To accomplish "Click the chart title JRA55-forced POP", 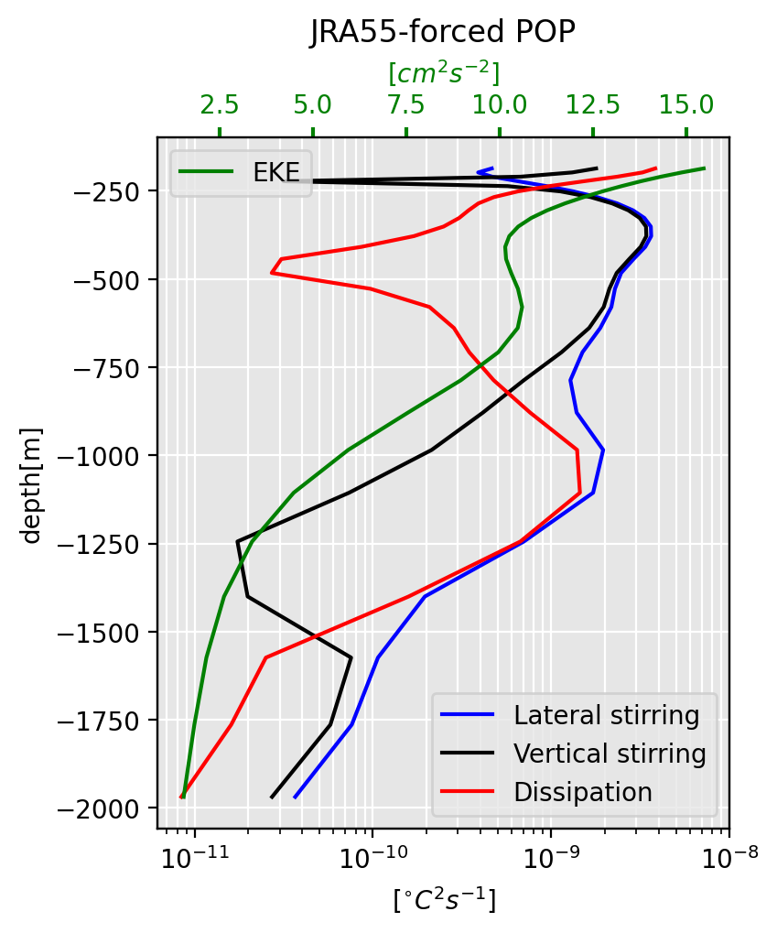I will [x=443, y=32].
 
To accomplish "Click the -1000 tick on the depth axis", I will [x=95, y=456].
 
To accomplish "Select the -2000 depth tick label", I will [x=95, y=808].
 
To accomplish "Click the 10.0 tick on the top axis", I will [x=500, y=104].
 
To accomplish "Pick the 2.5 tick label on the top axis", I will [x=220, y=104].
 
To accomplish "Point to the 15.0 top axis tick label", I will [x=686, y=104].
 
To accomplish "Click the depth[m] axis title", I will [x=33, y=484].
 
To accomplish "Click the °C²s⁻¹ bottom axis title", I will [x=444, y=901].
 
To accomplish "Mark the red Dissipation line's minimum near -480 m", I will [x=272, y=273].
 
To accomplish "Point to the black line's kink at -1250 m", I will [x=238, y=541].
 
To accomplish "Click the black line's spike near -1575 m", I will [x=351, y=656].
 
